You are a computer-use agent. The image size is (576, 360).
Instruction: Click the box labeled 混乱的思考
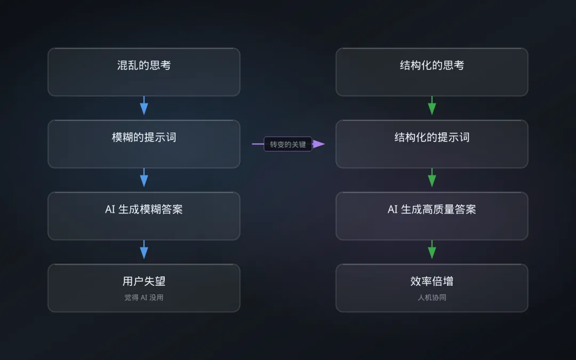(144, 72)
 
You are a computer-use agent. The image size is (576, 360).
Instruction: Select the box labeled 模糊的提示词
(144, 144)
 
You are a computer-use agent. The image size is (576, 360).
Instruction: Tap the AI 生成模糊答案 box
(144, 216)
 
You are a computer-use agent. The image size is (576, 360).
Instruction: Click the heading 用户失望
(144, 281)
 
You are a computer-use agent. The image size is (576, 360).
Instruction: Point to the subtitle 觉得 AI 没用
(144, 298)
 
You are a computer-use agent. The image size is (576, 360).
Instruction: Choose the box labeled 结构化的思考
(432, 72)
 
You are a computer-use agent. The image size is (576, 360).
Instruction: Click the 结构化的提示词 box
(432, 144)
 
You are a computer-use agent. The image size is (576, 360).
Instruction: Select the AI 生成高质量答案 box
(432, 216)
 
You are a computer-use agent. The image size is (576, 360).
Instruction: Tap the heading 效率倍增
(432, 281)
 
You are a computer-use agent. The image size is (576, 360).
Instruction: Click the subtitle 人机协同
(432, 298)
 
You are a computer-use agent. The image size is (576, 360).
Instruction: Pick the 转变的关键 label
(288, 144)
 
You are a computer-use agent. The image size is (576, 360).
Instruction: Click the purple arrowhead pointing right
(318, 144)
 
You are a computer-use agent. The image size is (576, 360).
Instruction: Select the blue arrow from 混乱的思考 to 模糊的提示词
(144, 106)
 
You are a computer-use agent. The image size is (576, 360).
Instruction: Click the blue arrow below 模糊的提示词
(144, 178)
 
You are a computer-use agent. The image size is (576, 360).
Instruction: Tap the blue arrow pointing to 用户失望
(144, 250)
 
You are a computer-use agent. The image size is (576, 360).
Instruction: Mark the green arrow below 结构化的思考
(432, 106)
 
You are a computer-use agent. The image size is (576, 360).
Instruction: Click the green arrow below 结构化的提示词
(432, 178)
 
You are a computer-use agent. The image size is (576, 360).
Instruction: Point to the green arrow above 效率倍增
(432, 250)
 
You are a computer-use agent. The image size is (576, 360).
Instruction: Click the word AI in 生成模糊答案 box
(110, 210)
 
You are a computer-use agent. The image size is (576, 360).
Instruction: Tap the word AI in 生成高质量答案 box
(393, 210)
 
